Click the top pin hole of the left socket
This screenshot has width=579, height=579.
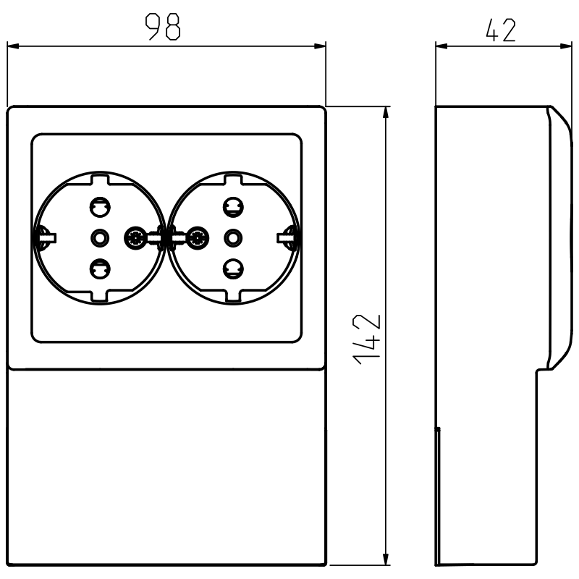(98, 208)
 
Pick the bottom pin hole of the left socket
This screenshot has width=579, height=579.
(98, 269)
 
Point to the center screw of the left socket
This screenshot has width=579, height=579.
(98, 237)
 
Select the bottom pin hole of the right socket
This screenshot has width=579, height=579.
(232, 269)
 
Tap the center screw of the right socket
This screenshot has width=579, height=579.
(232, 237)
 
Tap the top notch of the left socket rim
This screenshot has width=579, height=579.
(98, 177)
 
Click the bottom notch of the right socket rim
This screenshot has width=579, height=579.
(232, 296)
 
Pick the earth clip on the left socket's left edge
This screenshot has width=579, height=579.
(41, 236)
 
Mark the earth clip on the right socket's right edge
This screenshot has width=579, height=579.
(290, 236)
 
